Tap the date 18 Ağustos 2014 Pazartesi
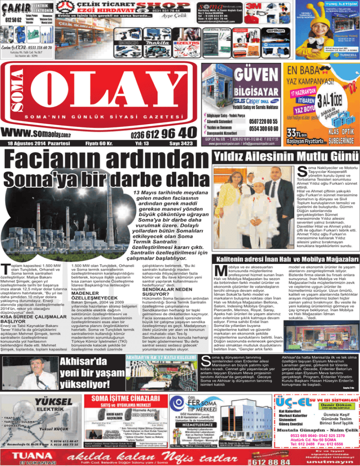(x=39, y=143)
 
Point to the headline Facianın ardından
(x=103, y=163)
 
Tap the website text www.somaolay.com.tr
(x=50, y=133)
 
